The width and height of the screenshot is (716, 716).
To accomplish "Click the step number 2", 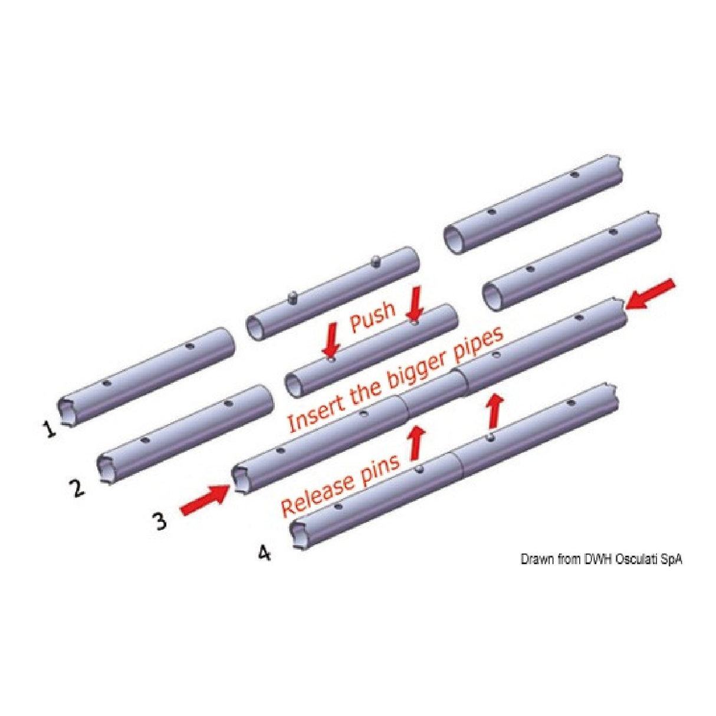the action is click(77, 487).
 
